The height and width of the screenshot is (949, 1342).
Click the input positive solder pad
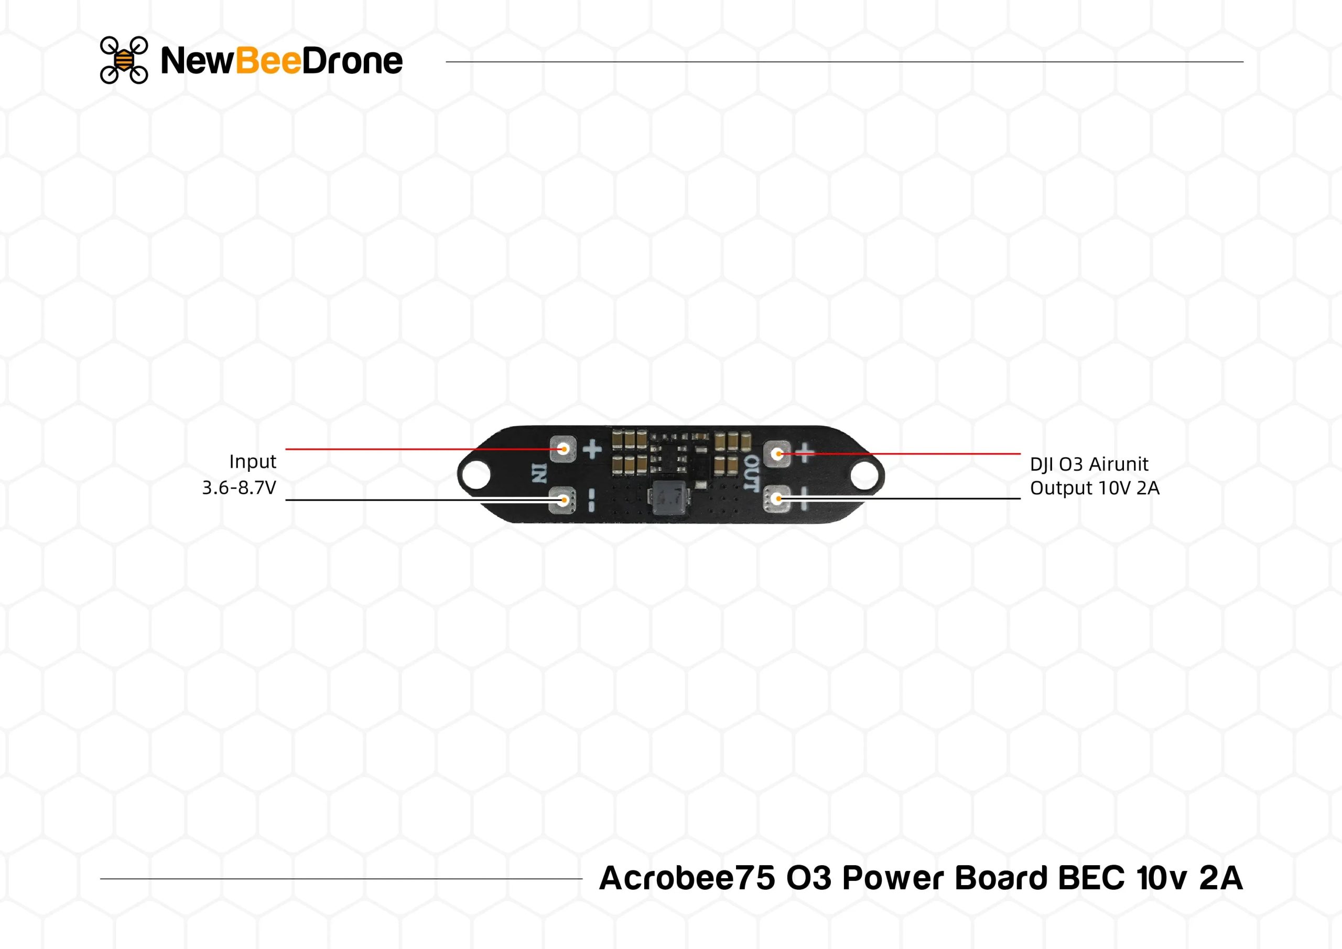564,449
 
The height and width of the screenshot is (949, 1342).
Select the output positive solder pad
777,454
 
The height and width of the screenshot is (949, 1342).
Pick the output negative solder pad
777,499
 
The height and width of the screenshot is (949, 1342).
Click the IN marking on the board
539,473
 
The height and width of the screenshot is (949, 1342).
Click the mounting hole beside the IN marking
478,473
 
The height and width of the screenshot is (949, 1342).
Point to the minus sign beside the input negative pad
591,500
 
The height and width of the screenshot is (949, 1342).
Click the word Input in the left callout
253,462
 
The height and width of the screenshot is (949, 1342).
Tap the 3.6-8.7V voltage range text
239,487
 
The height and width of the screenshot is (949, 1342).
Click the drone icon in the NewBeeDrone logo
124,60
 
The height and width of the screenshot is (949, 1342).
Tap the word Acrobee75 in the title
687,878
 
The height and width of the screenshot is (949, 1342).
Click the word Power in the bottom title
894,878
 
